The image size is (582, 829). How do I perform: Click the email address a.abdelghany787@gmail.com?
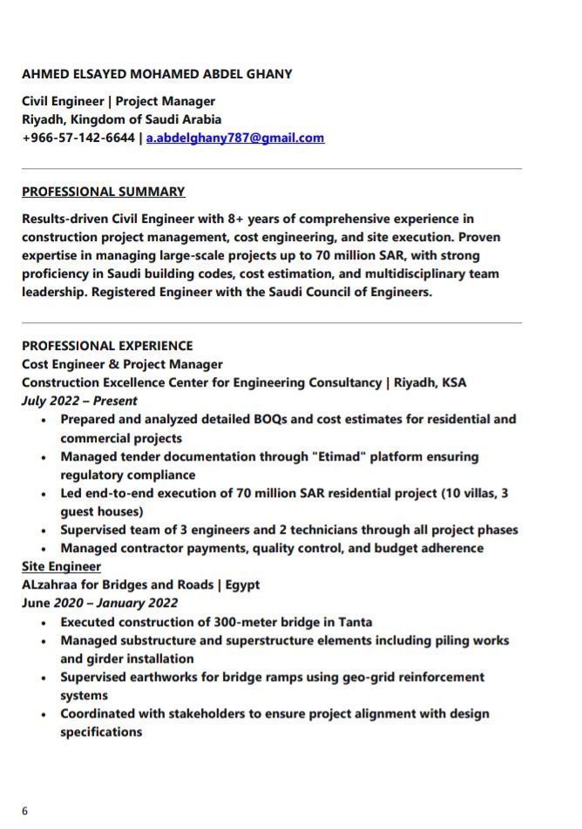click(x=235, y=138)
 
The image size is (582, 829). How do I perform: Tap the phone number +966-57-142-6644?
click(x=78, y=138)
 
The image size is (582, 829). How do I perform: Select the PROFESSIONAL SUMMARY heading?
click(x=104, y=192)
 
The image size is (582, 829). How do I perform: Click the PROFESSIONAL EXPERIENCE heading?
click(x=107, y=346)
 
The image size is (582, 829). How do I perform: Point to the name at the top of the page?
click(x=157, y=74)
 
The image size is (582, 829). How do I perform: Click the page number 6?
click(x=24, y=811)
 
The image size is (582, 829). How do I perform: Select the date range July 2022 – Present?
click(x=79, y=401)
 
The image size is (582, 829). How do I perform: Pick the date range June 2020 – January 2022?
click(x=99, y=603)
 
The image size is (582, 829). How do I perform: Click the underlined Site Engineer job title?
click(x=61, y=566)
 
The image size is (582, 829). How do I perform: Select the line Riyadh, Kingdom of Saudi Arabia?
click(x=121, y=119)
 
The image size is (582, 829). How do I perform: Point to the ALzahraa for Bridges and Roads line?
click(x=140, y=584)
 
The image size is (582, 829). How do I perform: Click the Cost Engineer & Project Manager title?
click(x=122, y=364)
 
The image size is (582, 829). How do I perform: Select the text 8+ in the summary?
click(x=237, y=219)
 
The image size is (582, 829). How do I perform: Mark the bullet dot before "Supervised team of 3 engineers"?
click(x=44, y=530)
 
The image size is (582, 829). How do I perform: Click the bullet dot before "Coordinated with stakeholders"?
click(x=44, y=714)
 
